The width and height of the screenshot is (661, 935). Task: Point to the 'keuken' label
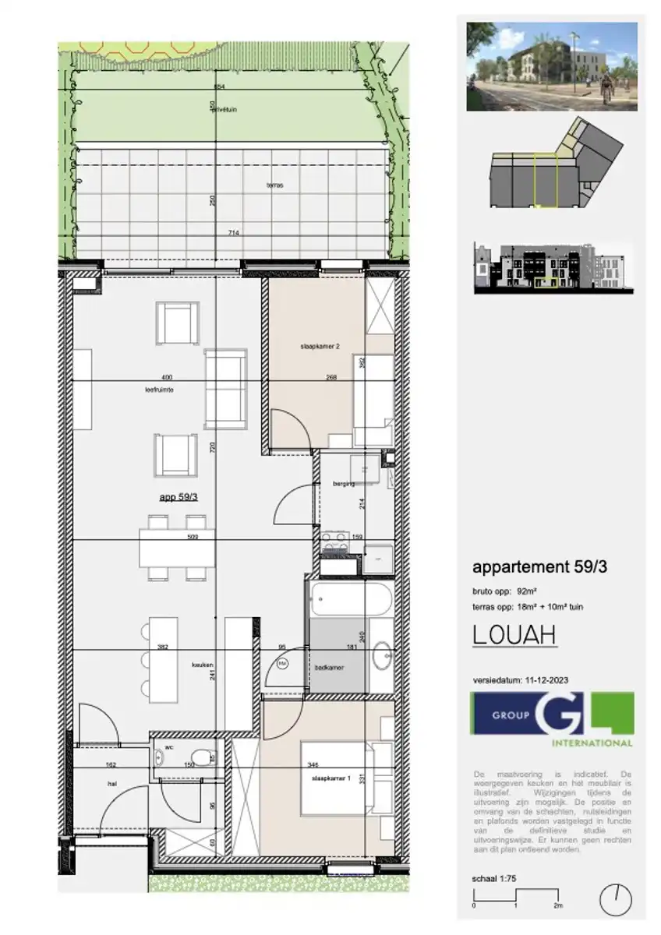click(203, 665)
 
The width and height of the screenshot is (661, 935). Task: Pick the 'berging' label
click(344, 484)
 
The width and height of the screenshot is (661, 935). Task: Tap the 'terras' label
click(274, 186)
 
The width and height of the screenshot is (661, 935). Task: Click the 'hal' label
click(111, 785)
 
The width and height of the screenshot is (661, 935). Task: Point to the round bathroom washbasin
click(383, 656)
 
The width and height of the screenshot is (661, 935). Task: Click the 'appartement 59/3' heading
click(539, 567)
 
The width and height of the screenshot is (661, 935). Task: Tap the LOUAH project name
click(514, 635)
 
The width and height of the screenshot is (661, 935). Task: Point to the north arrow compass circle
click(616, 901)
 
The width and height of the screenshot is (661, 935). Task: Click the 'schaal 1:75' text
click(494, 878)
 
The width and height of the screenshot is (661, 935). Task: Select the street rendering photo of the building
click(552, 66)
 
